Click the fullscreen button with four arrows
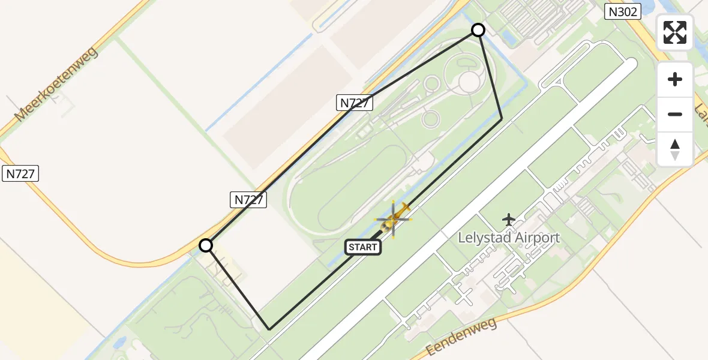675,32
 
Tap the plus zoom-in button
675,79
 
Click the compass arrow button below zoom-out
675,149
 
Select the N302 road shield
623,11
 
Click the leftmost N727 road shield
21,174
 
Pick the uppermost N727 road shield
355,103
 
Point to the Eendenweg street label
462,338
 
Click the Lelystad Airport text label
509,238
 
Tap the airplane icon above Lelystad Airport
509,220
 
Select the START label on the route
362,247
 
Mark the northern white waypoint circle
478,30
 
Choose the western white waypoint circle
206,245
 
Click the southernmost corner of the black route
270,329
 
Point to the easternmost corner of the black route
502,119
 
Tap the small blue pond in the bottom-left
118,343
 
